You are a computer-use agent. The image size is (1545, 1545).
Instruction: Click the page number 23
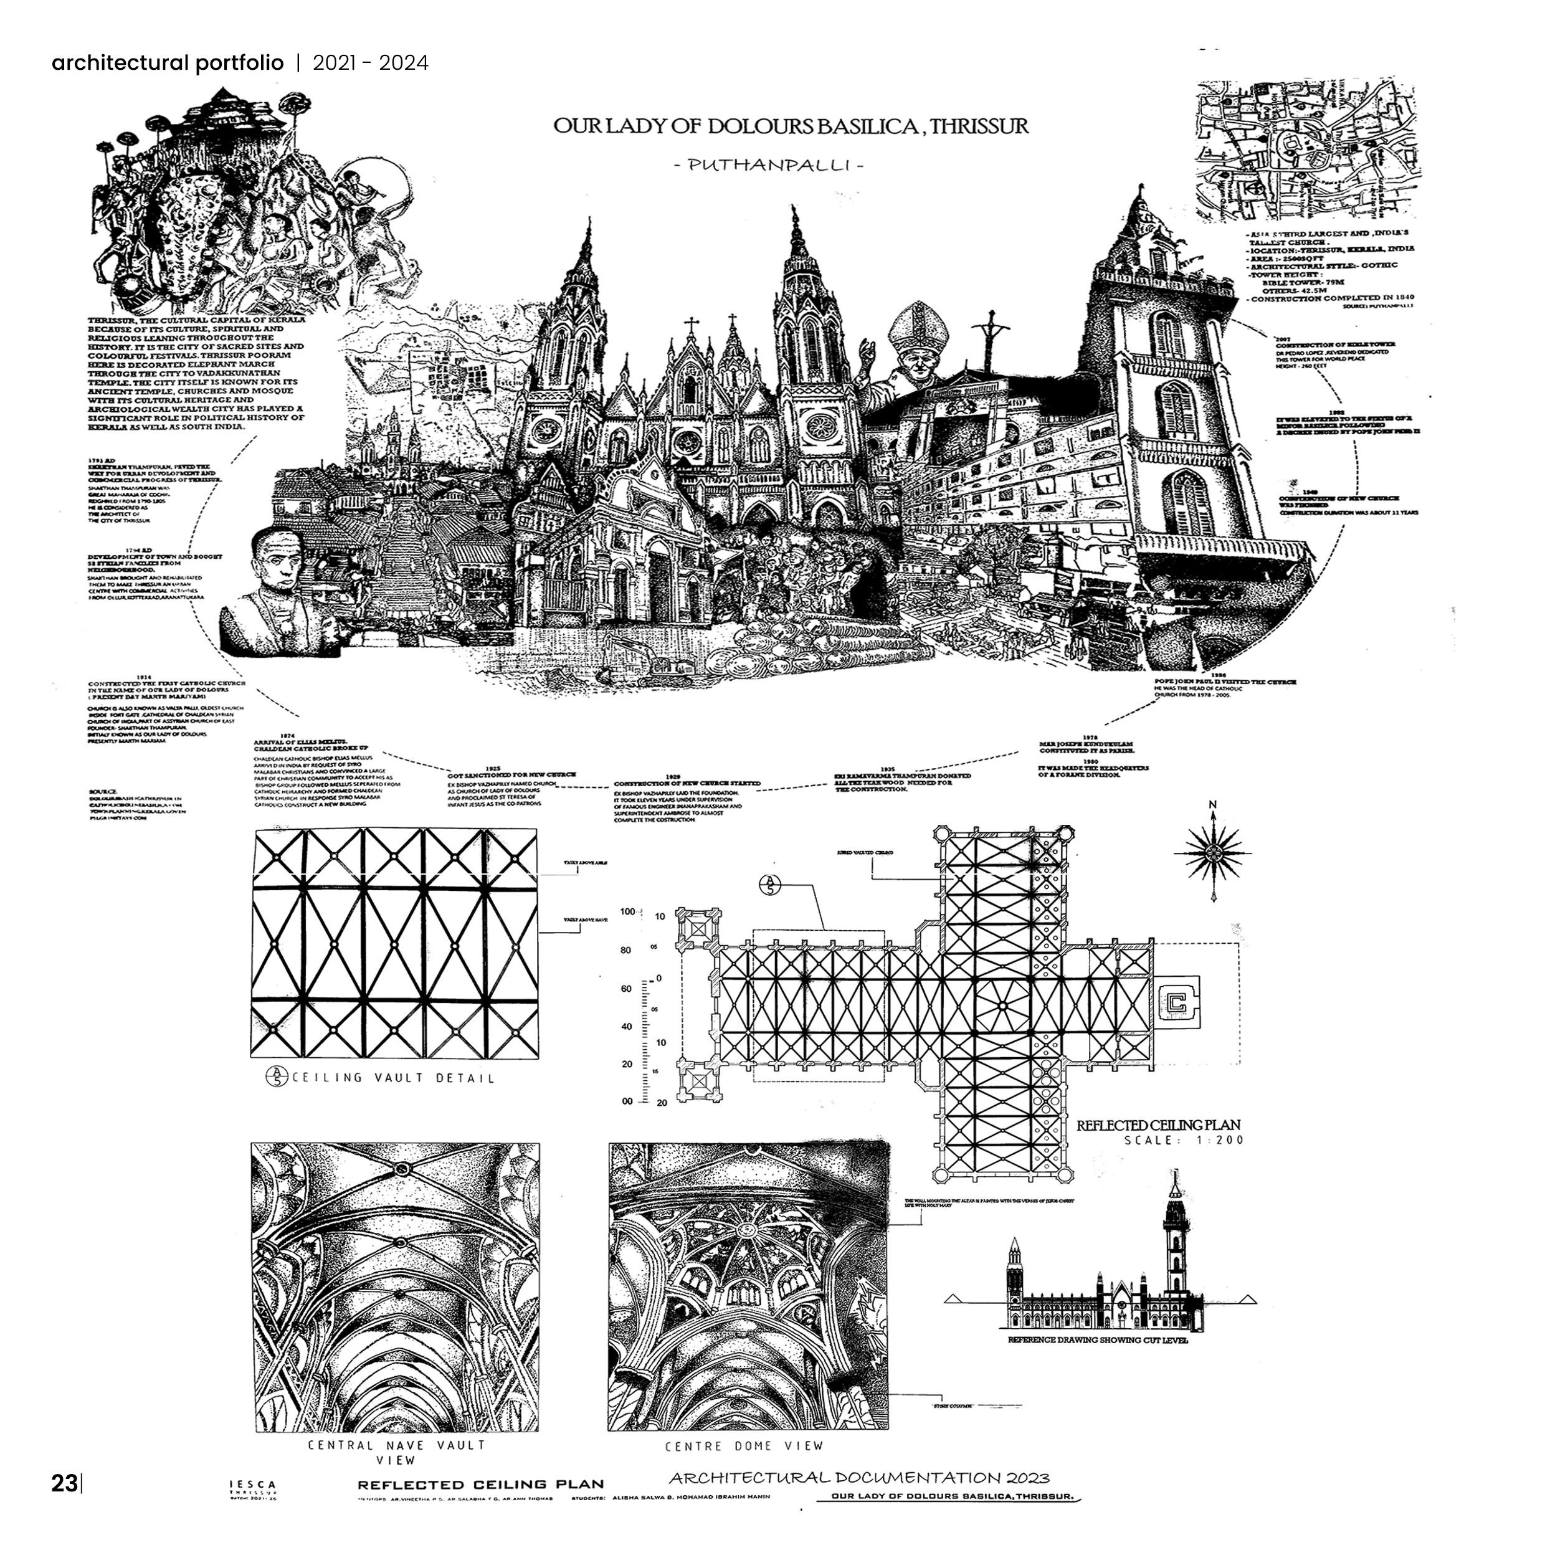pyautogui.click(x=64, y=1483)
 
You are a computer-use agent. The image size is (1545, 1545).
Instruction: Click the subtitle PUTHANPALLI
pyautogui.click(x=768, y=166)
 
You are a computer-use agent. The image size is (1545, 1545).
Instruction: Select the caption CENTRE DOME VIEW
pyautogui.click(x=744, y=1446)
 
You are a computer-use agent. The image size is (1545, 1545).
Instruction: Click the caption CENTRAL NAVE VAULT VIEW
pyautogui.click(x=397, y=1452)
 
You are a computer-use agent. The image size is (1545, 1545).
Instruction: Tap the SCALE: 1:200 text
pyautogui.click(x=1184, y=1139)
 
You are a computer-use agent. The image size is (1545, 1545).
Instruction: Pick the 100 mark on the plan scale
pyautogui.click(x=627, y=911)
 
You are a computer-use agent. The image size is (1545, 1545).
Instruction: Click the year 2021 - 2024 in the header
pyautogui.click(x=370, y=62)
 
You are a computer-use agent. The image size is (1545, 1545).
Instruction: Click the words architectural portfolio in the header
pyautogui.click(x=167, y=62)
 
